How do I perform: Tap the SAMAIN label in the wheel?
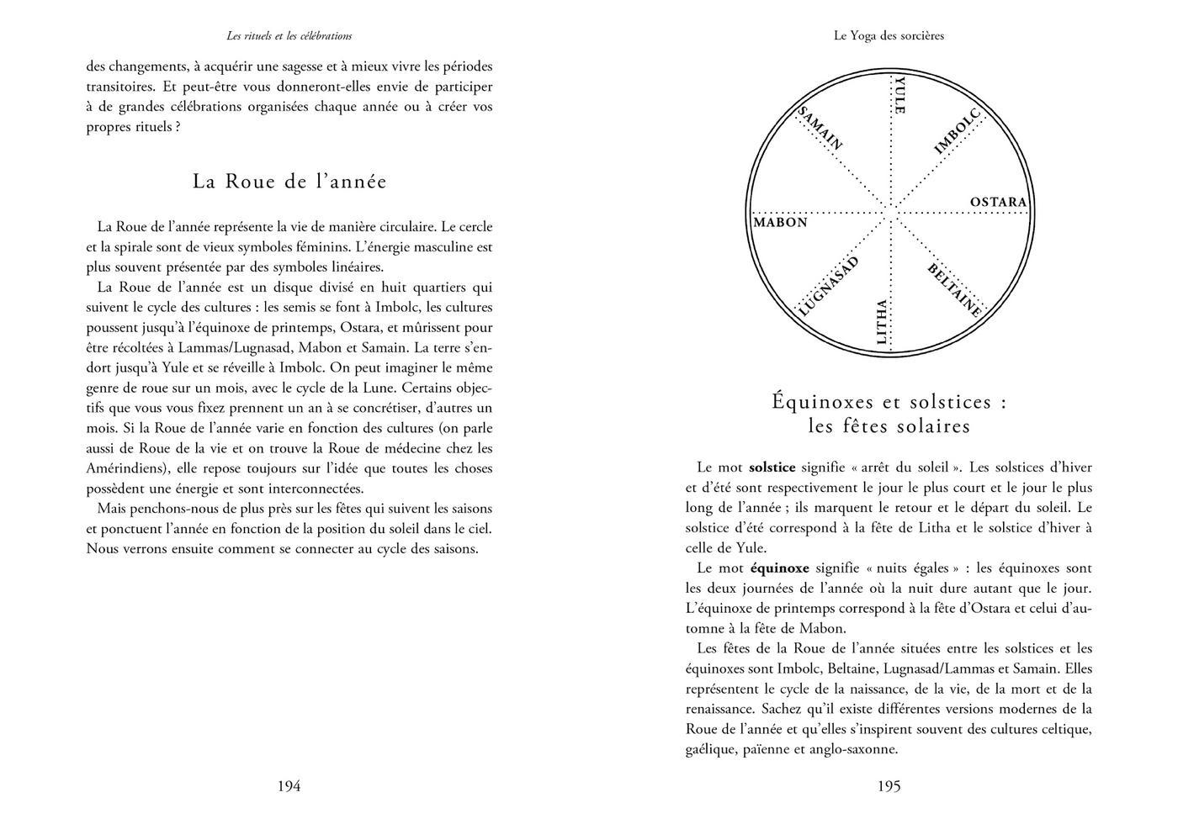pos(819,129)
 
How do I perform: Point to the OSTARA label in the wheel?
pos(998,203)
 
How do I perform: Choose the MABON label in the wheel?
pos(780,223)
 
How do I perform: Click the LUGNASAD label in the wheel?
pos(827,287)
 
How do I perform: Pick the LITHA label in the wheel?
pos(881,322)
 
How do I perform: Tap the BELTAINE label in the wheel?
pos(955,290)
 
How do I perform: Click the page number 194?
pos(289,786)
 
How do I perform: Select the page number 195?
pos(889,786)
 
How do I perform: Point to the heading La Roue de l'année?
pos(289,182)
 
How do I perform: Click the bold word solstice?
pos(772,467)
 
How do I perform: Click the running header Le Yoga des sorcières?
pos(889,36)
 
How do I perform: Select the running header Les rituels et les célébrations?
pos(289,36)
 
